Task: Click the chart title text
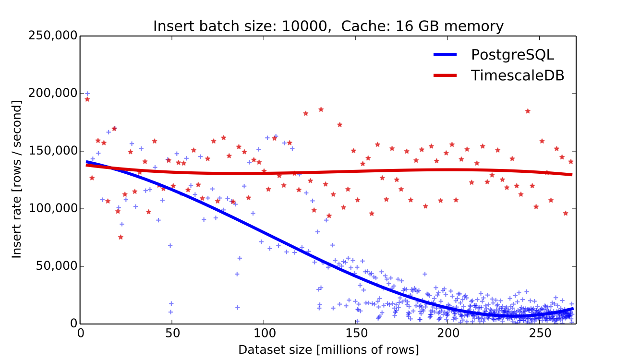coord(328,26)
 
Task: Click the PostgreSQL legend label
coord(512,55)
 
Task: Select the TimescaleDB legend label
coord(517,75)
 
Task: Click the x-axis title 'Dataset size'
coord(328,349)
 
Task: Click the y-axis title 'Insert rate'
coord(17,180)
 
